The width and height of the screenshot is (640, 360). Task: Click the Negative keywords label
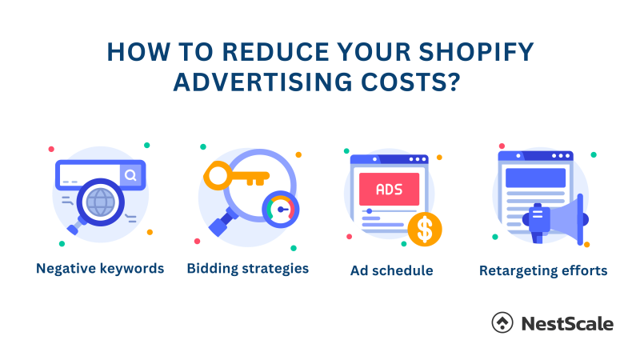(x=100, y=268)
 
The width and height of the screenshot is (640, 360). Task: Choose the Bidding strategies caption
(x=248, y=268)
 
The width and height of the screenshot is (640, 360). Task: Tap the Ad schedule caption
(x=391, y=270)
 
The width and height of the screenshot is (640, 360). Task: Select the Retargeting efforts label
(x=543, y=270)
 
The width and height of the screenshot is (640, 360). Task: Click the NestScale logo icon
(x=502, y=323)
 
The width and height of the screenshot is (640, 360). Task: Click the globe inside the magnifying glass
(x=101, y=202)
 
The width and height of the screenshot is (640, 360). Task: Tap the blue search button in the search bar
(x=130, y=174)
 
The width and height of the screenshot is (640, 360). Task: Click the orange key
(x=232, y=175)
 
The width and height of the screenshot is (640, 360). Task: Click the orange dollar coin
(x=425, y=229)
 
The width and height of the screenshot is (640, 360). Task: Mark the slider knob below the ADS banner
(x=369, y=211)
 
